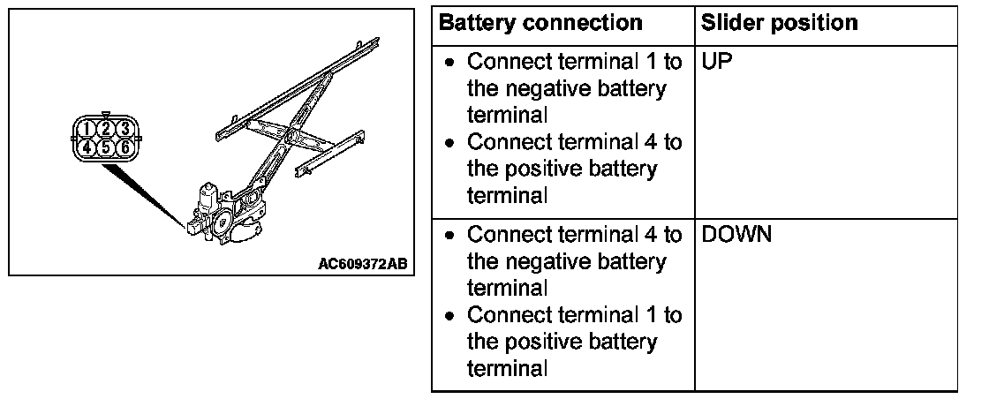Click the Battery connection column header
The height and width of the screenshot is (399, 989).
[x=540, y=23]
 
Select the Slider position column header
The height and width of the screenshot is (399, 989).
[x=778, y=23]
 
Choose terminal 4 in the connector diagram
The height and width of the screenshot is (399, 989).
[x=87, y=147]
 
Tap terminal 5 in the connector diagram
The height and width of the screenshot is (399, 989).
[x=107, y=147]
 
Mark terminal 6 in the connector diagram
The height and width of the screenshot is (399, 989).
[x=125, y=147]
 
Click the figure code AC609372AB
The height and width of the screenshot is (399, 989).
[x=363, y=263]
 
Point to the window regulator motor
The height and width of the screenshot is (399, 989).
[x=209, y=199]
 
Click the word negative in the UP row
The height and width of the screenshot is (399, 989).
[x=539, y=90]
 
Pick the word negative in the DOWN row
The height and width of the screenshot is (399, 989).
[x=539, y=262]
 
